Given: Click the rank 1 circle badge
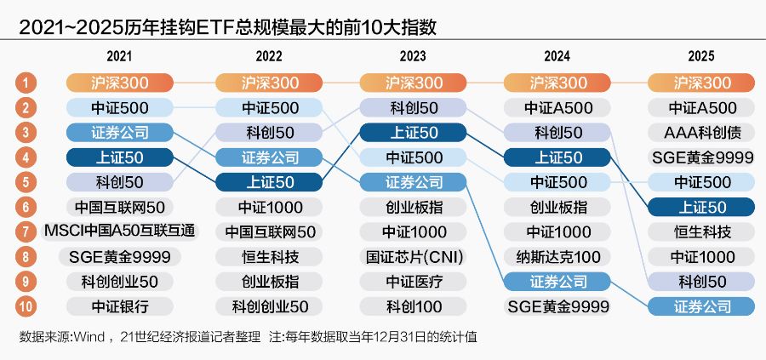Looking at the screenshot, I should point(26,83).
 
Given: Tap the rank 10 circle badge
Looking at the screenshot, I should point(26,306).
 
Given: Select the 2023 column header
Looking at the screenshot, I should point(413,57).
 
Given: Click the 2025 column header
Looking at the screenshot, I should point(701,57).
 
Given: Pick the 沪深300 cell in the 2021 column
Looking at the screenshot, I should point(120,83).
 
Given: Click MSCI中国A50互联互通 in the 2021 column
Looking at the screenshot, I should point(120,231).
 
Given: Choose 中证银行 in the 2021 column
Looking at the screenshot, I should point(120,306).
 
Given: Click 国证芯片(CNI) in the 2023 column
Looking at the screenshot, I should point(413,256).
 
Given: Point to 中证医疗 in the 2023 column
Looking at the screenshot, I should point(413,281).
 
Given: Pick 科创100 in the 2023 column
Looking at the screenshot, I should point(413,306).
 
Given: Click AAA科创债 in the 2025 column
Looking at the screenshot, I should point(701,133).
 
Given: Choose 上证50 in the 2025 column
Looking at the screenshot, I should point(701,207).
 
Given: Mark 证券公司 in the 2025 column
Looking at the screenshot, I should point(701,306).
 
